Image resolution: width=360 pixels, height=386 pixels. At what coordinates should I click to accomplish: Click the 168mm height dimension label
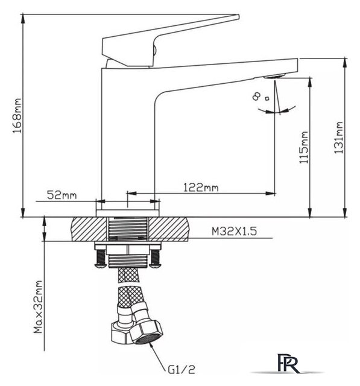17,116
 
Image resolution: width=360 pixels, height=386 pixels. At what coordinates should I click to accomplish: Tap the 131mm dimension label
338,138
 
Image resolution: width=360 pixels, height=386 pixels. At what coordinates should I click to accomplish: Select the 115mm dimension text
303,147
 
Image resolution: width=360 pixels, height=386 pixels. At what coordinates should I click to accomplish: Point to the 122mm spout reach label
201,188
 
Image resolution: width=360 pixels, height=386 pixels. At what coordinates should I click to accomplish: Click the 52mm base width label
62,195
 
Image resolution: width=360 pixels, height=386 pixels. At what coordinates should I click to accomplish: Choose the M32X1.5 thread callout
234,231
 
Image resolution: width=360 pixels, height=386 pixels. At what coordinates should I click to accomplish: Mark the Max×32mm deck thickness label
38,307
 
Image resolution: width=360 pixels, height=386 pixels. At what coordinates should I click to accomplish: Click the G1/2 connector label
182,369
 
